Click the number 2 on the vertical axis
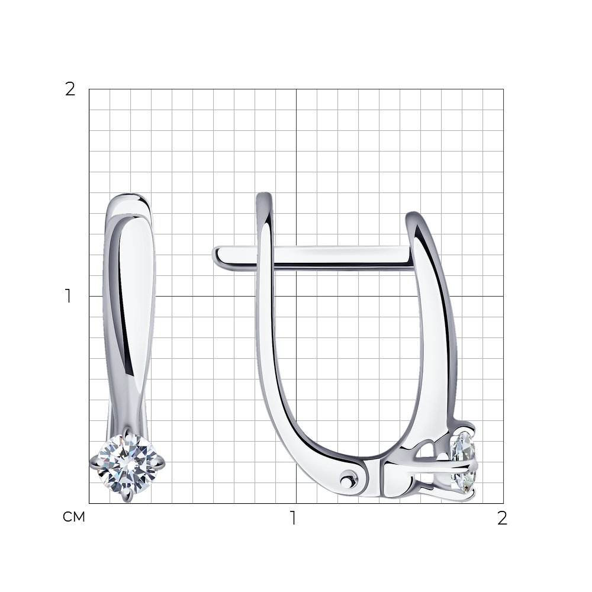(70, 89)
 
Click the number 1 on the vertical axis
(68, 296)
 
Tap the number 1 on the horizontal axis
(294, 519)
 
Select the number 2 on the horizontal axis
(502, 519)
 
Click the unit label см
(74, 517)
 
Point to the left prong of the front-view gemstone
(94, 462)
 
